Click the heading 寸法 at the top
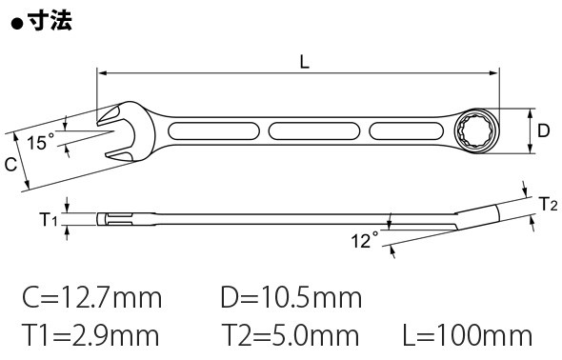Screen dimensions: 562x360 tap(50, 21)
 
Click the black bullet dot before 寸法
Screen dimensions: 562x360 tap(17, 25)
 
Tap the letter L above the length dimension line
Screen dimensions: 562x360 tap(304, 63)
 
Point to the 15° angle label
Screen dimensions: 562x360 tap(41, 142)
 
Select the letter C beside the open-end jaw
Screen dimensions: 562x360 tap(10, 165)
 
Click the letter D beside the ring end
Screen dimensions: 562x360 tap(543, 130)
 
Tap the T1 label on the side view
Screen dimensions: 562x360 tap(48, 219)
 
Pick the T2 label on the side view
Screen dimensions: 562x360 tap(549, 204)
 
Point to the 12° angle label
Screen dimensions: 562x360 tap(365, 240)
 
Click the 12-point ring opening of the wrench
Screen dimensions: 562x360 tap(475, 131)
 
